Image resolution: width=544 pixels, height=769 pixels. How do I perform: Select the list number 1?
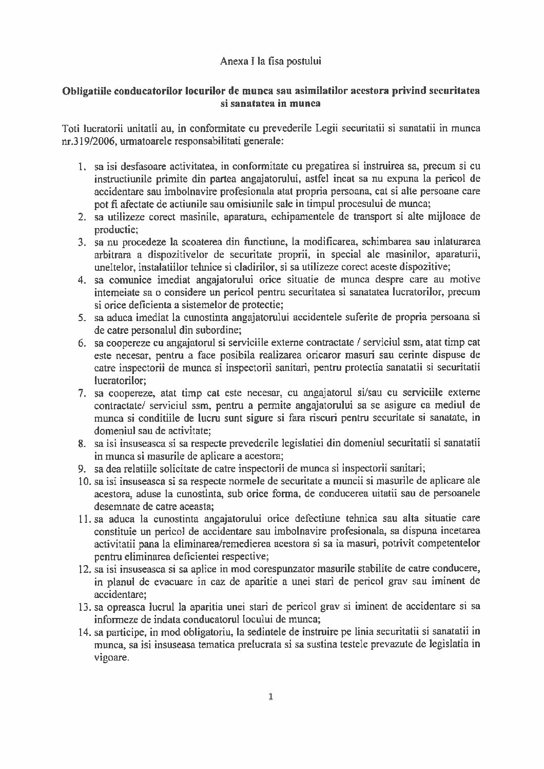coord(81,167)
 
